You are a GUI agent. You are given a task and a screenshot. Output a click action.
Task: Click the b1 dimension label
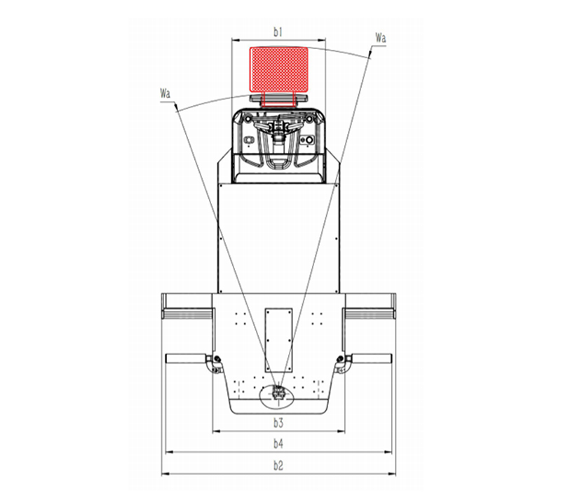coord(278,32)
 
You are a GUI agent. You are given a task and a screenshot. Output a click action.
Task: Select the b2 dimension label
coord(278,466)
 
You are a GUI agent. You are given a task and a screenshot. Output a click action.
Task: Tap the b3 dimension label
coord(278,422)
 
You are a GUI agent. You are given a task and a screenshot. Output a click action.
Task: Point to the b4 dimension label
coord(278,444)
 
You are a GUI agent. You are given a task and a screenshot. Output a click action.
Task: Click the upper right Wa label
coord(380,37)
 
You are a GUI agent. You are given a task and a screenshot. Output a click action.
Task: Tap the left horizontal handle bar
coord(186,358)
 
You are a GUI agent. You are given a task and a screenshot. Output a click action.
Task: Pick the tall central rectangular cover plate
coord(278,339)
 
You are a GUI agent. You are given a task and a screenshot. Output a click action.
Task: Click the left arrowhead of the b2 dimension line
coord(165,474)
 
